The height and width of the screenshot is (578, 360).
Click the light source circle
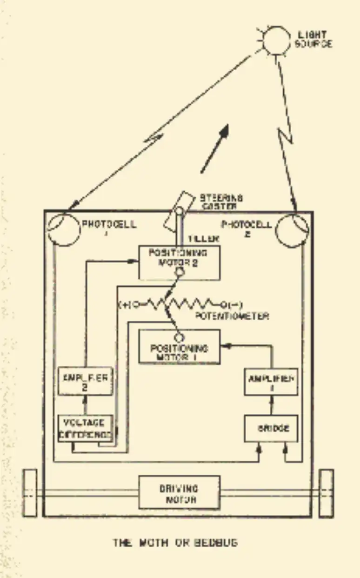(x=278, y=40)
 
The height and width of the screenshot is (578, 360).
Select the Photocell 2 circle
(x=292, y=229)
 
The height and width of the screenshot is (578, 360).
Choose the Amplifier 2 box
(x=85, y=381)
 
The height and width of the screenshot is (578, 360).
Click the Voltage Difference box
(x=85, y=428)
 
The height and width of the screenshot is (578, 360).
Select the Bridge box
(x=271, y=428)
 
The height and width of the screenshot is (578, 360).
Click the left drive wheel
(x=30, y=493)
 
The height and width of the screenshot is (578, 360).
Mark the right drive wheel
(x=327, y=493)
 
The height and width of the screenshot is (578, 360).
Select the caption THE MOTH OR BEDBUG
(x=176, y=543)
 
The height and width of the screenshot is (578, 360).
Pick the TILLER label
(x=204, y=239)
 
